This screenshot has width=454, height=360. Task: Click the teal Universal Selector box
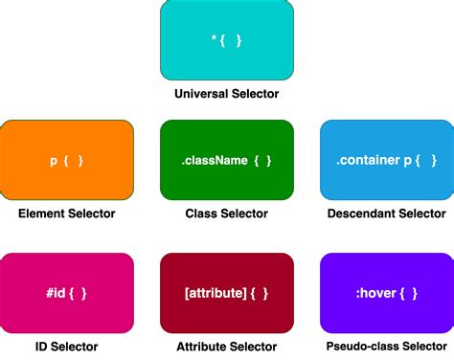pos(227,39)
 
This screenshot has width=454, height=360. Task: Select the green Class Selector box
pos(227,160)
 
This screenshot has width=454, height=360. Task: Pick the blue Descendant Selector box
pos(386,160)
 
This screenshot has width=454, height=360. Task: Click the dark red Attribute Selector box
pos(227,293)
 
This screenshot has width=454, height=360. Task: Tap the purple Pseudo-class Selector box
pos(386,293)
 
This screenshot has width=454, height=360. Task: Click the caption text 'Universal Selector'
pos(227,94)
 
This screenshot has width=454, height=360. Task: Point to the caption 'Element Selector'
pos(67,214)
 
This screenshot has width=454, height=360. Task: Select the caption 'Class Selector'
pos(227,214)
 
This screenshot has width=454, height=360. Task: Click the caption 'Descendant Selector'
pos(386,214)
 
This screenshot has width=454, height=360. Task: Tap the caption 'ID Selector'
pos(67,347)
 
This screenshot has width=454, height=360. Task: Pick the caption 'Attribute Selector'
pos(227,347)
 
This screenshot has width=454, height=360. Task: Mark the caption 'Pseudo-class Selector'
pos(386,347)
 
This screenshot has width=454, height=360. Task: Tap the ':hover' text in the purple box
pos(374,293)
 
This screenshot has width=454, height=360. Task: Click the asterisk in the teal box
pos(215,39)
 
